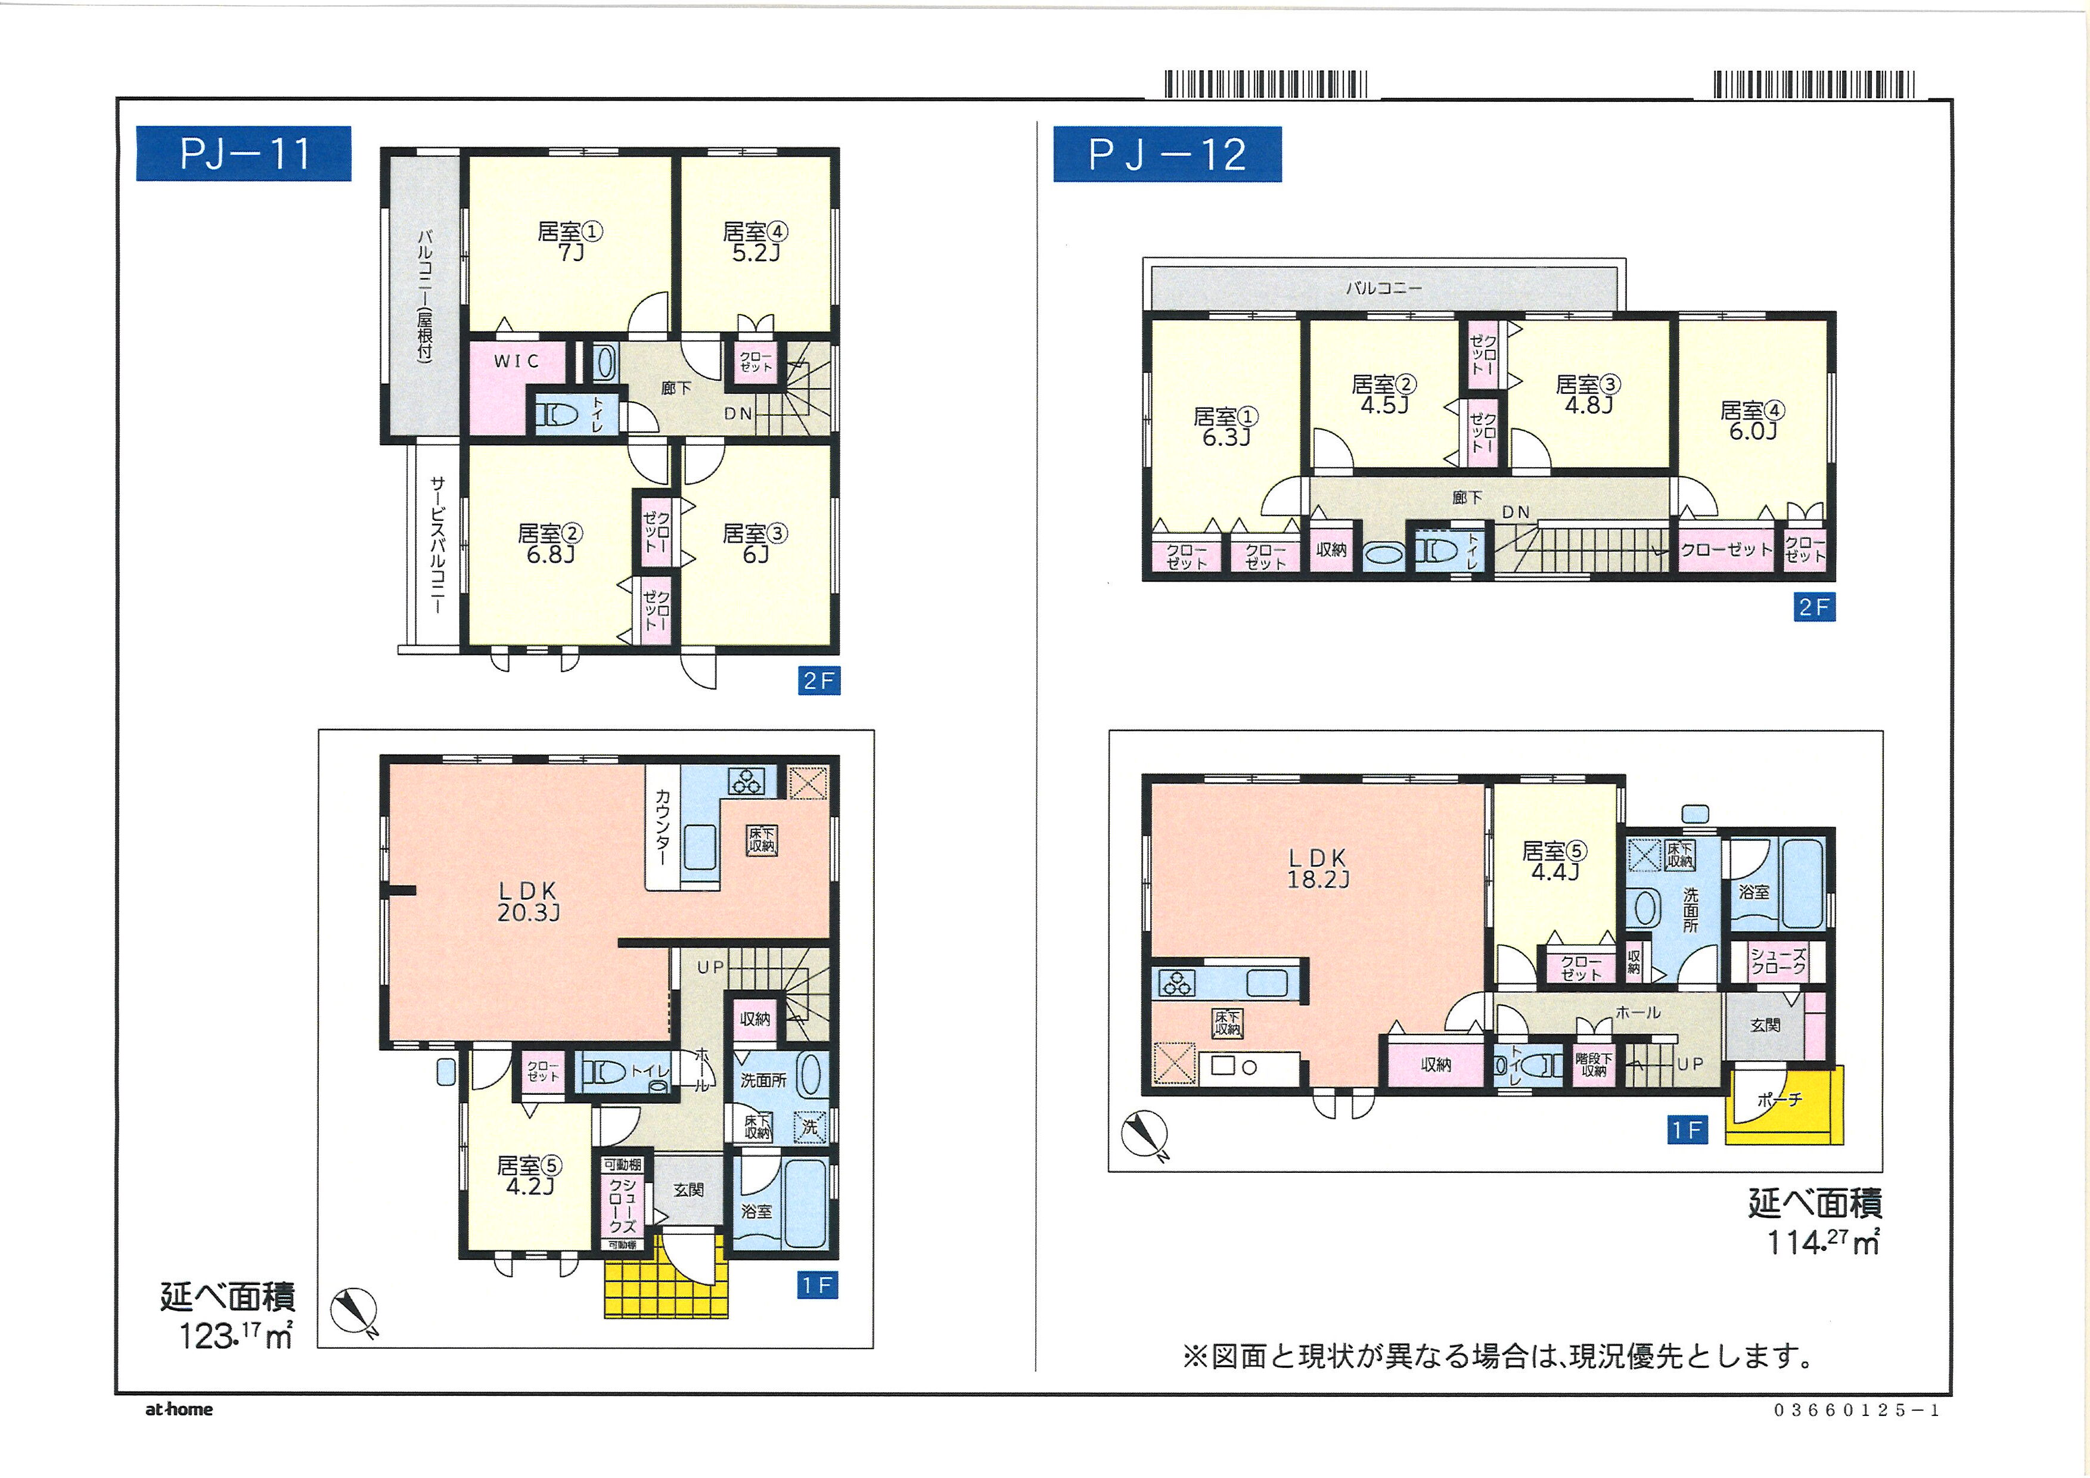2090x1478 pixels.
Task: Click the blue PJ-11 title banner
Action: [x=243, y=153]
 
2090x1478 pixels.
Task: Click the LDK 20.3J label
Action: [x=528, y=902]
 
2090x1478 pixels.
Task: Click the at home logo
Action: [x=179, y=1409]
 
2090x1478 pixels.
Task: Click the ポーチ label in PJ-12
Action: [x=1780, y=1100]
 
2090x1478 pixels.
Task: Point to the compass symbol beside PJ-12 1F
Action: [x=1145, y=1135]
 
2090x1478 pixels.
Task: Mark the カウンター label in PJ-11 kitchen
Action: [x=662, y=827]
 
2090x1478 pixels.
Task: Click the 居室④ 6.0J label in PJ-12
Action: [x=1752, y=421]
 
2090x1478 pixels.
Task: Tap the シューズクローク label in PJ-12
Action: [x=1778, y=961]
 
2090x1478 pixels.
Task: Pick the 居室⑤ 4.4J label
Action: [x=1555, y=861]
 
